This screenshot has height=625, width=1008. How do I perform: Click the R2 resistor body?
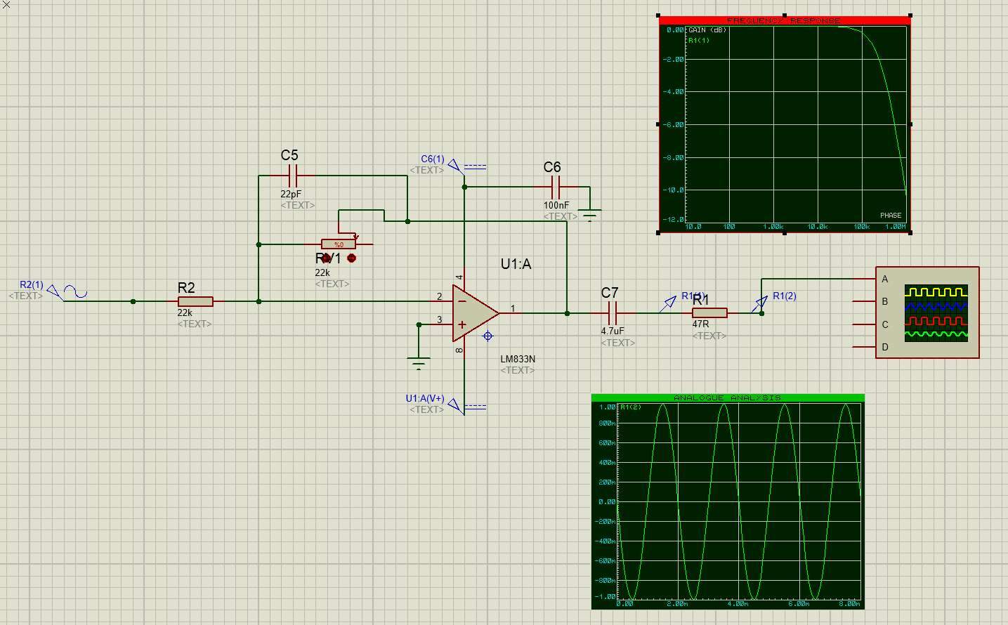click(x=195, y=301)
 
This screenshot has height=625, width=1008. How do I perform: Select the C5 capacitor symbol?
click(x=293, y=176)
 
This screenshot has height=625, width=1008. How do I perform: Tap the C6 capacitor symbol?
click(x=556, y=187)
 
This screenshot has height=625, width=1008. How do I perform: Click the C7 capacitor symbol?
click(x=612, y=313)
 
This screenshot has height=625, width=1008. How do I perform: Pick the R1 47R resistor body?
click(x=709, y=313)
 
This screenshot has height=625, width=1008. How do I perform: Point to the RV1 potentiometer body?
click(x=339, y=244)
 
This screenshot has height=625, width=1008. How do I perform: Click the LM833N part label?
click(x=518, y=359)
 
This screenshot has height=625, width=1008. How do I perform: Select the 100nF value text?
click(x=556, y=206)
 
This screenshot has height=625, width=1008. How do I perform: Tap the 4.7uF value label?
click(x=613, y=331)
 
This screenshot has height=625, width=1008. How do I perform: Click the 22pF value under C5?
click(x=291, y=194)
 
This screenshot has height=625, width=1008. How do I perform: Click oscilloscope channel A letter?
click(x=885, y=279)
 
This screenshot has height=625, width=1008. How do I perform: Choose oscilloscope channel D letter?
click(x=885, y=347)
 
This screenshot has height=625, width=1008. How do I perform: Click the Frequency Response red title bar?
click(x=784, y=20)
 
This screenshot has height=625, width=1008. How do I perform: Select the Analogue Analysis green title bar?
click(x=728, y=398)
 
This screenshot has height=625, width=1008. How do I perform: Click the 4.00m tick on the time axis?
click(x=738, y=604)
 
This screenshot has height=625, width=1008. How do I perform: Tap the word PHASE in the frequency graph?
click(x=891, y=216)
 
